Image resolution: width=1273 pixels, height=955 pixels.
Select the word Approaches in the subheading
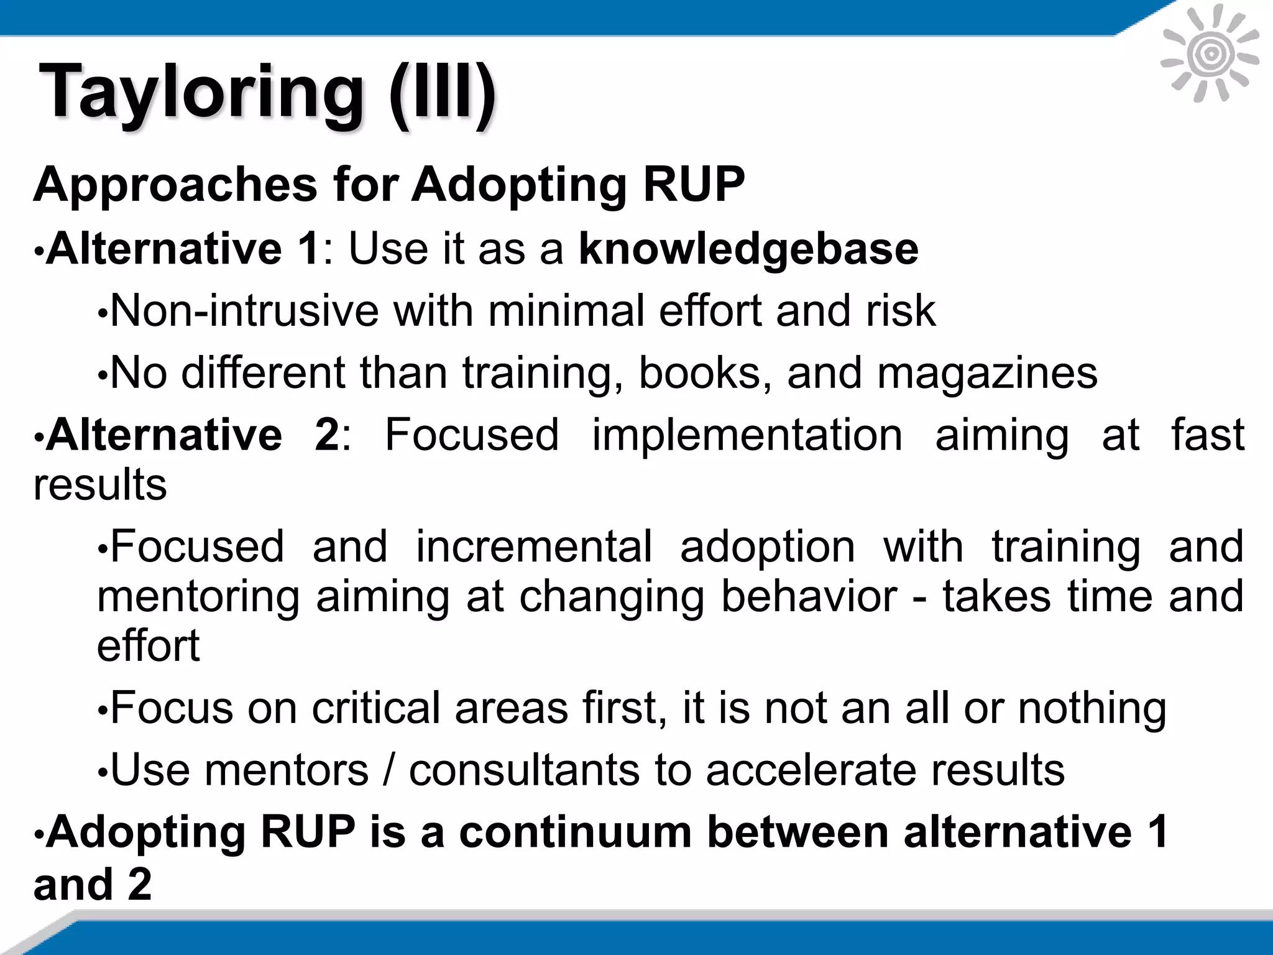point(175,185)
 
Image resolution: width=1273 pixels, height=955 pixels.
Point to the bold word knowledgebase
point(748,249)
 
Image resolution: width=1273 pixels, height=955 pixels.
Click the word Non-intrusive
point(244,311)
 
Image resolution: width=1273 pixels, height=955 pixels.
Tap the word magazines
point(987,373)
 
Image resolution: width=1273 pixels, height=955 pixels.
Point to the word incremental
point(534,547)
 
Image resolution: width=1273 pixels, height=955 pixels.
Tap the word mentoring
point(198,596)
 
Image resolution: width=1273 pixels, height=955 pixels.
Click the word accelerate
point(811,770)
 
